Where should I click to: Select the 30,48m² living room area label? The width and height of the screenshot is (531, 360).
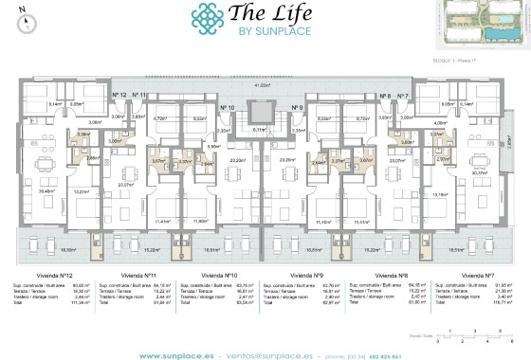pos(45,190)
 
